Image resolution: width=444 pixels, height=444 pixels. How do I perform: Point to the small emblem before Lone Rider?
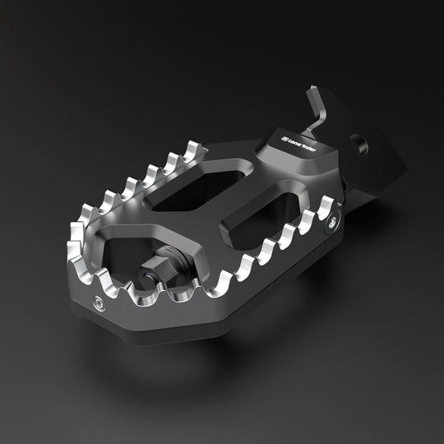point(284,138)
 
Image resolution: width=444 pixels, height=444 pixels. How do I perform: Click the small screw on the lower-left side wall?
point(99,302)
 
